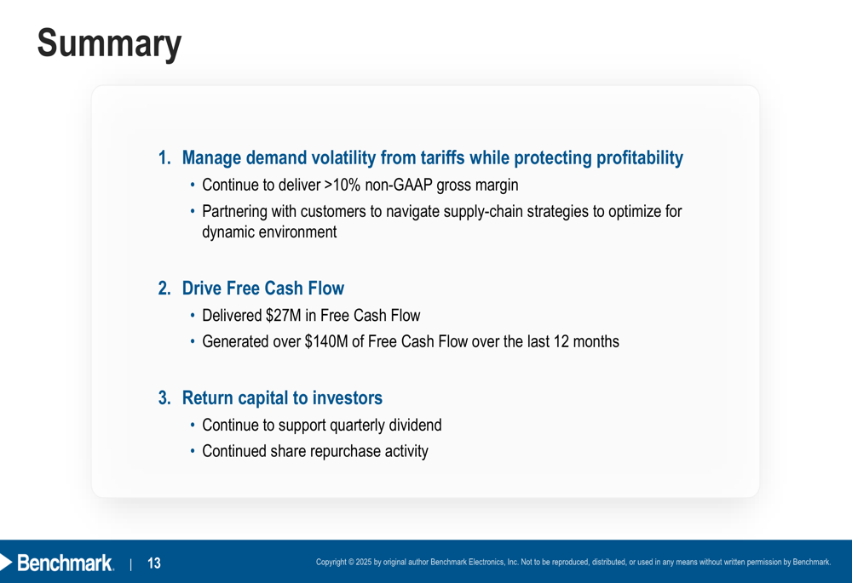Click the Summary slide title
(109, 44)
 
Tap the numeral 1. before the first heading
(164, 158)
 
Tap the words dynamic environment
(269, 231)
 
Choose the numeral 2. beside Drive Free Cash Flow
(164, 289)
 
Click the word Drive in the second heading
(202, 289)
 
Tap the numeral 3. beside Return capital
(164, 398)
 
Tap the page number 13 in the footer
(154, 563)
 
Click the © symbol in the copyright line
(351, 562)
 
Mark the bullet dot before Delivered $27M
(193, 316)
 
